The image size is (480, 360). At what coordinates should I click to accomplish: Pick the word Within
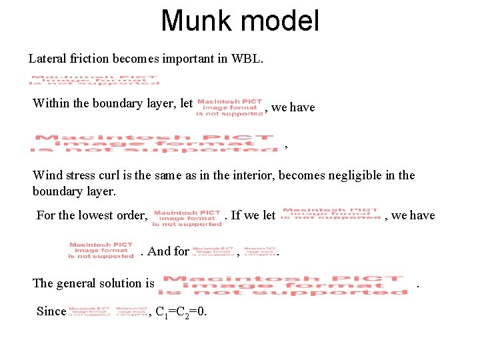[51, 103]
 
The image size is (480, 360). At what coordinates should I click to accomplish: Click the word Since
[51, 311]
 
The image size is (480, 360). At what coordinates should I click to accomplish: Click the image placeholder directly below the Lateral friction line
[95, 79]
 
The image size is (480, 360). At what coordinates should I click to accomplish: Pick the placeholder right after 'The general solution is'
[283, 285]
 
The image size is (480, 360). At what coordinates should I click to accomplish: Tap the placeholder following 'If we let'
[330, 213]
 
